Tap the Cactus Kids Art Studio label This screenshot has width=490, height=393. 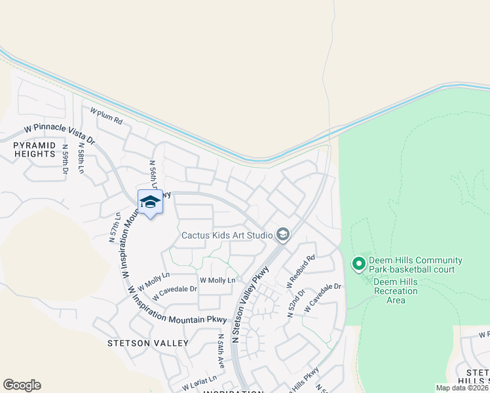(227, 234)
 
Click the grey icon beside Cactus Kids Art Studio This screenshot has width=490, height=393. (283, 234)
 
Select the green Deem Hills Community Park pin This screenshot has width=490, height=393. (358, 264)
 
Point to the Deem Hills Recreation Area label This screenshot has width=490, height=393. (395, 291)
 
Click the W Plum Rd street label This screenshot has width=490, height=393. (107, 117)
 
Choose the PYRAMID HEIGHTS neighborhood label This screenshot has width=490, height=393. (34, 149)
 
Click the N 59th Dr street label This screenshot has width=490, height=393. (65, 159)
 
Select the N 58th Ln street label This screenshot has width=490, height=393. (81, 159)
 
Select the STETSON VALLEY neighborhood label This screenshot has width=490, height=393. (148, 343)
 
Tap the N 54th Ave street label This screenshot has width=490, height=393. (221, 353)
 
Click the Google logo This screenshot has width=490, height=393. (22, 385)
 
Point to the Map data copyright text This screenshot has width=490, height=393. (462, 388)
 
